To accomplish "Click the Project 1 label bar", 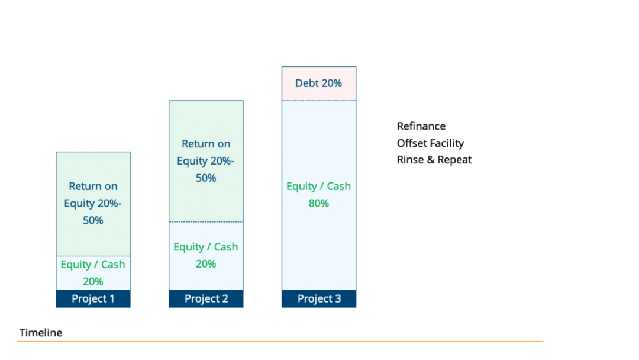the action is point(93,299).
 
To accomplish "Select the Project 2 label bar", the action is point(206,299).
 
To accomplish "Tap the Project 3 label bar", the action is point(319,299).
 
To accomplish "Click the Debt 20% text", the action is point(319,83).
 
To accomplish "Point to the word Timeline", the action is point(41,333).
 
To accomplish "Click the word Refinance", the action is point(421,126).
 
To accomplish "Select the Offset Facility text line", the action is point(430,143).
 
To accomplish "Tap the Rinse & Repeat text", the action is point(434,160).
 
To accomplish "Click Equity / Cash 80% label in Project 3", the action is point(319,194).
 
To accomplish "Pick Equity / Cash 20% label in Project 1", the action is point(93,273).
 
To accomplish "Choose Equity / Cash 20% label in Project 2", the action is point(206,255).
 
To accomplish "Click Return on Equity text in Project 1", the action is point(93,203).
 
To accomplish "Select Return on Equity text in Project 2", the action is point(206,160).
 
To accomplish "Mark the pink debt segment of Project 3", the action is point(319,83).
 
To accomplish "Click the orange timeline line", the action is point(280,341).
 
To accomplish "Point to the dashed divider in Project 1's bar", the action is point(93,256).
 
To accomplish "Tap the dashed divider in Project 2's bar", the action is point(206,222).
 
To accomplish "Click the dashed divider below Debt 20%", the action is point(319,101).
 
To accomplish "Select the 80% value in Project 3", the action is point(319,203).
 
